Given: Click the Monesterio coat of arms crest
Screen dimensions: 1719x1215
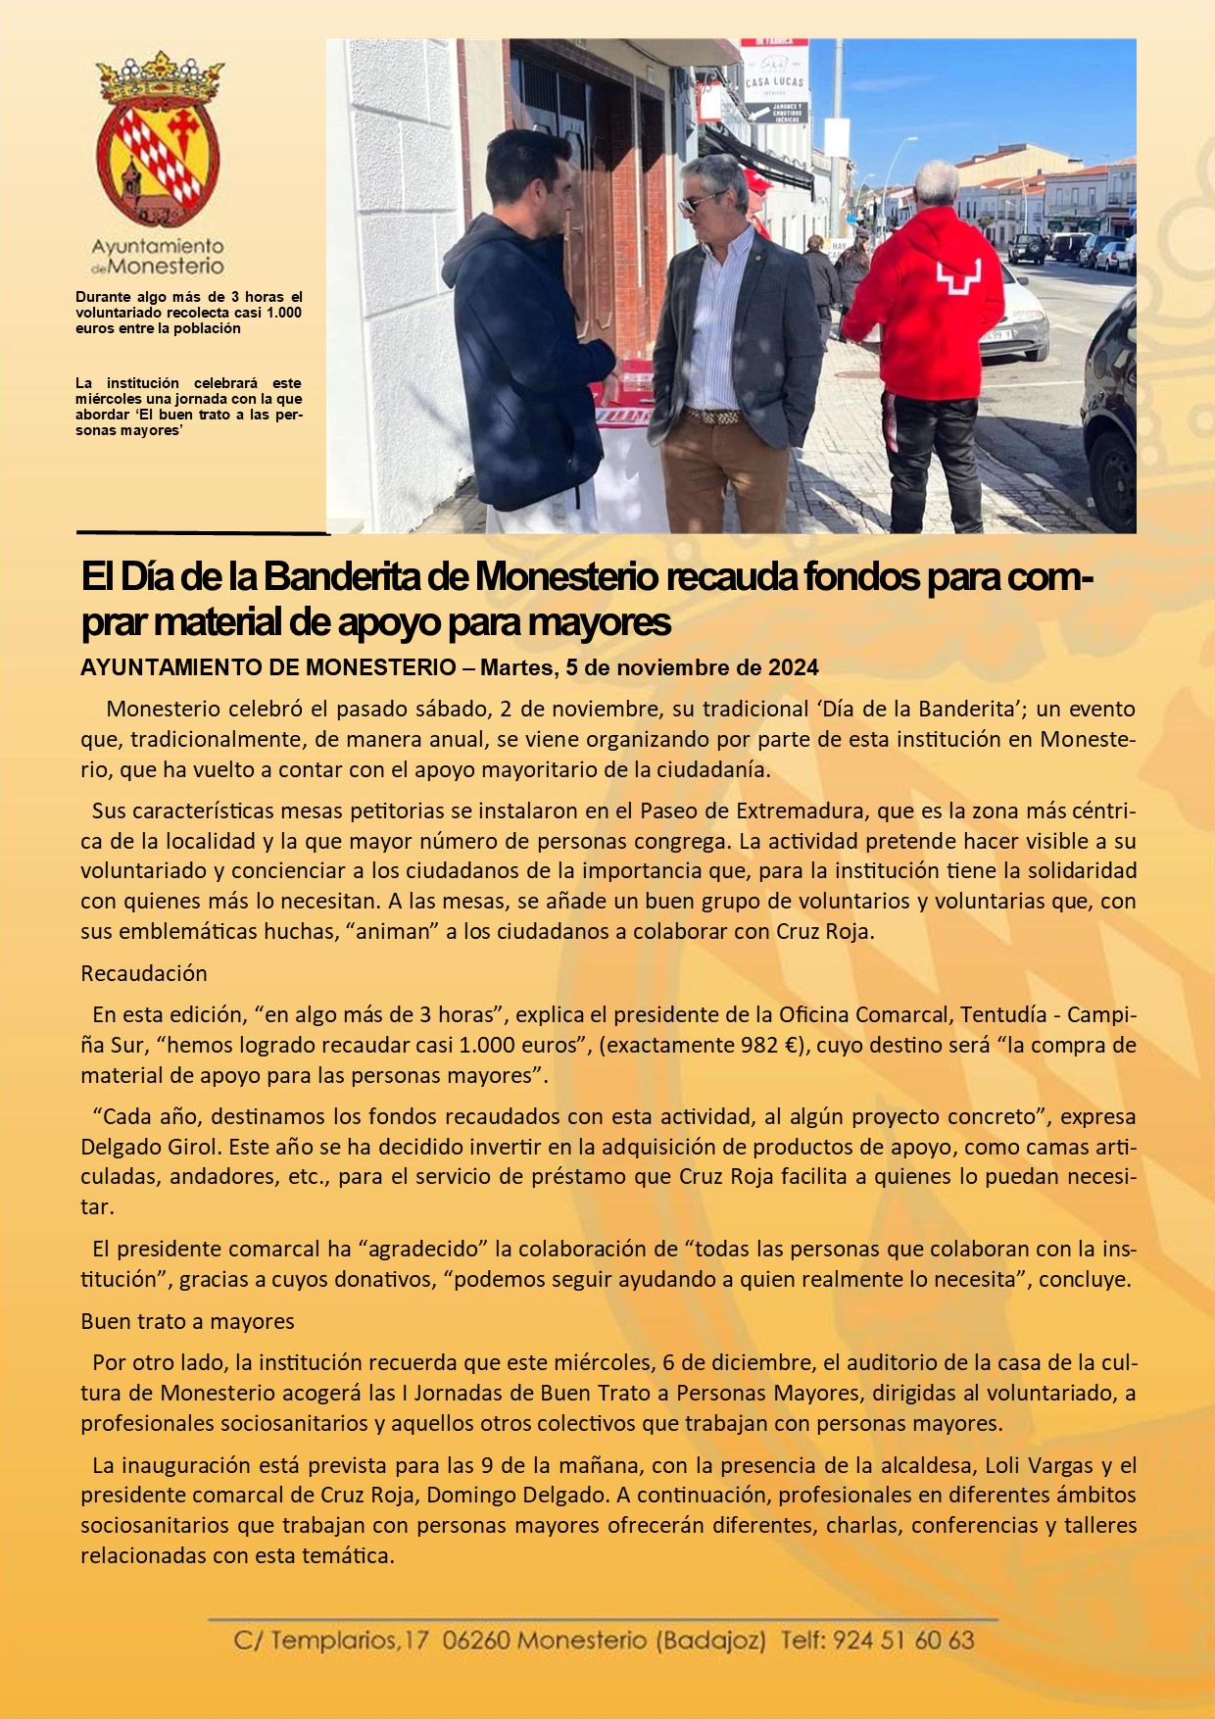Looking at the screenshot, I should click(x=158, y=142).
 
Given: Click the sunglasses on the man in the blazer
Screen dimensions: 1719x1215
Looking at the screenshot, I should click(x=702, y=203).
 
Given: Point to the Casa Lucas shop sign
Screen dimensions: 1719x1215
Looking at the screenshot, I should click(x=774, y=82).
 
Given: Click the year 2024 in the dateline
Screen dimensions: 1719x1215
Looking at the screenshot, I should click(x=794, y=668).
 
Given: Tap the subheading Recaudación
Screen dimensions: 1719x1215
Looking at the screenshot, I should click(x=144, y=973).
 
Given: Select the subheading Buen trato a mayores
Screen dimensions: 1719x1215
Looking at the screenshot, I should click(x=187, y=1321).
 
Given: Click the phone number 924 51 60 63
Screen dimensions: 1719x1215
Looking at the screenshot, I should click(x=902, y=1640).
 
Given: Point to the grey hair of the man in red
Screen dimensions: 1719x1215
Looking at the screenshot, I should click(x=937, y=180).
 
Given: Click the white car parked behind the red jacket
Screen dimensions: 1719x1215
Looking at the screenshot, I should click(x=1014, y=314).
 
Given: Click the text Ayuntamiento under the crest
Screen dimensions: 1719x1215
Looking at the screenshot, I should click(x=158, y=246).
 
